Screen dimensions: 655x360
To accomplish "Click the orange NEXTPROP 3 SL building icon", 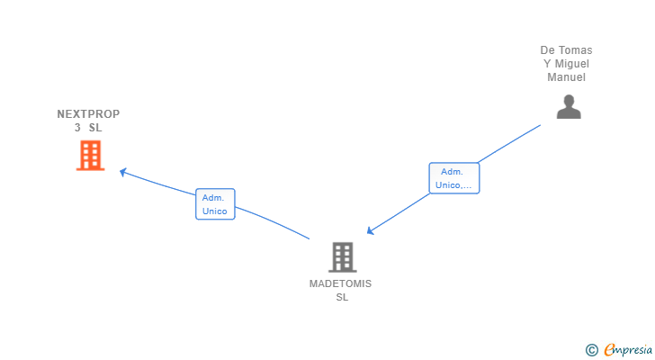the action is click(90, 156).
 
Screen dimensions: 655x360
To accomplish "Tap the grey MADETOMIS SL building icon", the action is click(342, 257).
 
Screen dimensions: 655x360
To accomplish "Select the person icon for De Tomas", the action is click(569, 107).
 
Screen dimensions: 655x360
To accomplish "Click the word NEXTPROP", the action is click(88, 114).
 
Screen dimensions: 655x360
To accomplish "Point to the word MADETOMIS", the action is click(340, 283).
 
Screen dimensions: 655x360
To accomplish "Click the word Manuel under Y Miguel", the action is click(566, 77).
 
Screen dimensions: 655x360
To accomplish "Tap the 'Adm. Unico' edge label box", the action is click(215, 204).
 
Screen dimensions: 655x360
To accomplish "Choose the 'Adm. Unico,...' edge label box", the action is click(454, 178).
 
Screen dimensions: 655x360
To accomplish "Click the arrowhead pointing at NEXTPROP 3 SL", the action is click(123, 172).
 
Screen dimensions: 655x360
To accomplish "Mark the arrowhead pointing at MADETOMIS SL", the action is click(371, 230).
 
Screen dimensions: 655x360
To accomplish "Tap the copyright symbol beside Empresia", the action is click(591, 349).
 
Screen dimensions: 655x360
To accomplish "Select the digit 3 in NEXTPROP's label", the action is click(77, 128).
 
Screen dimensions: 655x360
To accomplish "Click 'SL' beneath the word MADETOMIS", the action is click(341, 297).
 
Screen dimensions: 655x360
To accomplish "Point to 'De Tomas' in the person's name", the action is click(566, 50).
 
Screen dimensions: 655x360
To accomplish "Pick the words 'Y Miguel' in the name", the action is click(566, 64).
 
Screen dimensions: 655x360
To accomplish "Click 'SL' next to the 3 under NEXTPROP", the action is click(95, 128).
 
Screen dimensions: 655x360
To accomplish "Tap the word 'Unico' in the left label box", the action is click(215, 211).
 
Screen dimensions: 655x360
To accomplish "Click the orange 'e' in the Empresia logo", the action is click(609, 350).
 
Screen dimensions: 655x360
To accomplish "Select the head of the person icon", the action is click(569, 100).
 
